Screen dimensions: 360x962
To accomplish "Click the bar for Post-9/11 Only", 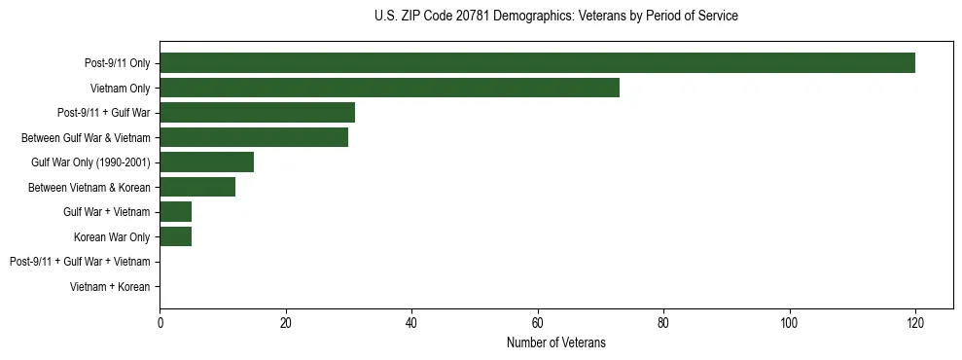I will pos(537,63).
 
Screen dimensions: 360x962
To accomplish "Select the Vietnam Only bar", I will pos(389,88).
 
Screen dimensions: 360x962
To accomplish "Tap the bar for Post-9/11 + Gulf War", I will pos(257,113).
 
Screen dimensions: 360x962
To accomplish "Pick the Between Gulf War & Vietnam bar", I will pos(254,137).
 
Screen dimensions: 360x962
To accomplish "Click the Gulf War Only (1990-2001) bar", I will pos(206,162).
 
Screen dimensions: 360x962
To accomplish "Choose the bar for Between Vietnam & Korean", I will pos(197,187).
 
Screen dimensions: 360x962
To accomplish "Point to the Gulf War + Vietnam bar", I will pos(175,211).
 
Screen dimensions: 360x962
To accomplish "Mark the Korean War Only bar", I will pos(175,236).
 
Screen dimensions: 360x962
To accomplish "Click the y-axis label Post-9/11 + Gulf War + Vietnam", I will pos(80,262).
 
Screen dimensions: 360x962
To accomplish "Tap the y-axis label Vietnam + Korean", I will pos(110,286).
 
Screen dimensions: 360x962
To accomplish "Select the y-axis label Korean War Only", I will pos(112,236).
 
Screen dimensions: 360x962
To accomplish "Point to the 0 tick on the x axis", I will pos(160,322).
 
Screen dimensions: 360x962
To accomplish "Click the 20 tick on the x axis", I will pos(285,322).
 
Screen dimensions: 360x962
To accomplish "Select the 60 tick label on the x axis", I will pos(537,322).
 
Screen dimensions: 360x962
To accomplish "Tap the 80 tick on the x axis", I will pos(663,322).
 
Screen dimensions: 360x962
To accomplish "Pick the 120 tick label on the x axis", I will pos(914,322).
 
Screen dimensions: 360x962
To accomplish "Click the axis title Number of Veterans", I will pos(555,342).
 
